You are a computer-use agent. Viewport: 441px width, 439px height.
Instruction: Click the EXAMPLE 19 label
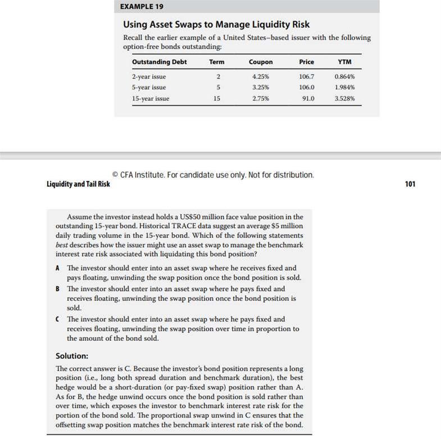click(x=139, y=7)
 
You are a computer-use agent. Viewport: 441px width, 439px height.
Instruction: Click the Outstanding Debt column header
click(x=160, y=62)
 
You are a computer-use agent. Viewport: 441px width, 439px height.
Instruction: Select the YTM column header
click(x=344, y=62)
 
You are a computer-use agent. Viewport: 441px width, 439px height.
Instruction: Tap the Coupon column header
click(x=261, y=62)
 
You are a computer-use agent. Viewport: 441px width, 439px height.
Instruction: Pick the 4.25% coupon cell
click(x=261, y=76)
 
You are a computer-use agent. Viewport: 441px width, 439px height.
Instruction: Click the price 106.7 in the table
click(x=307, y=76)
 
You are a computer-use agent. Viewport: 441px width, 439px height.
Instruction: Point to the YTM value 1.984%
click(x=344, y=87)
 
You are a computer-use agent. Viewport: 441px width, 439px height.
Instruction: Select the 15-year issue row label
click(x=151, y=98)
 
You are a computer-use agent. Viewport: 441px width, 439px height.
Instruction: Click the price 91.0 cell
click(x=308, y=98)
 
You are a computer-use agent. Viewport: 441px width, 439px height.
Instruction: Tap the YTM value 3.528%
click(x=344, y=98)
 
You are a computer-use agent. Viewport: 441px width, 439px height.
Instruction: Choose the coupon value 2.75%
click(x=261, y=98)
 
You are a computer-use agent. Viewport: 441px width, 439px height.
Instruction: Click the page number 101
click(x=410, y=184)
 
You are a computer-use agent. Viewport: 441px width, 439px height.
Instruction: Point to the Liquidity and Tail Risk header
click(x=78, y=184)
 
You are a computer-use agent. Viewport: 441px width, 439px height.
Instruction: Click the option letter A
click(x=58, y=268)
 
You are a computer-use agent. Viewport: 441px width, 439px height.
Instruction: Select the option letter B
click(x=58, y=289)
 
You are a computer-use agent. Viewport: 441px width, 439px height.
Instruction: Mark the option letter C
click(x=58, y=319)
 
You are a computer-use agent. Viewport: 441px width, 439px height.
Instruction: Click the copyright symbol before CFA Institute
click(x=116, y=175)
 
